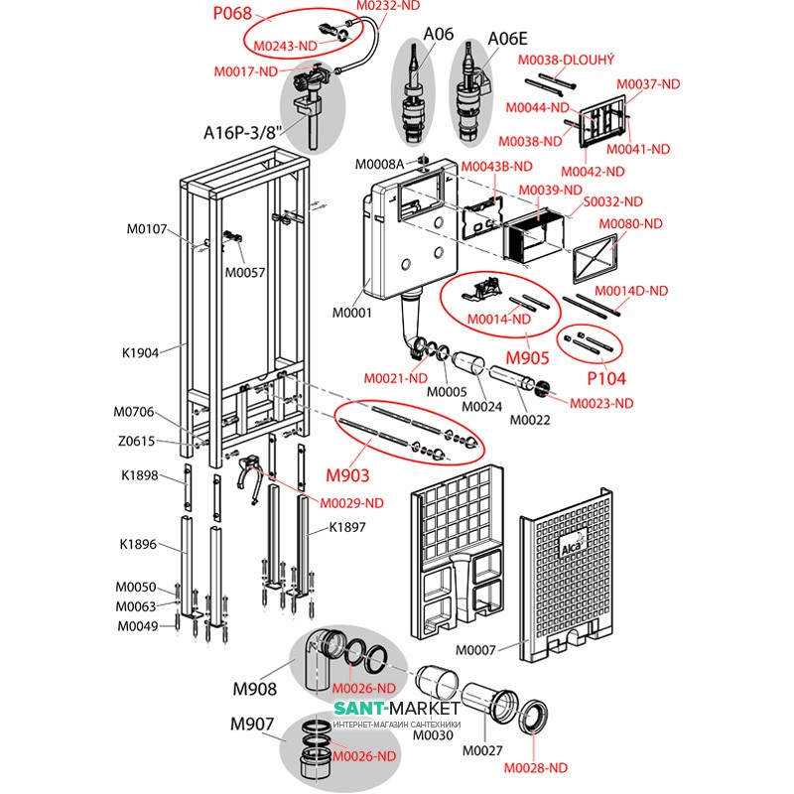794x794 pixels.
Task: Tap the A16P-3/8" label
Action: coord(243,132)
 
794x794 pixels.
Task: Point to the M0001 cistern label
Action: coord(350,315)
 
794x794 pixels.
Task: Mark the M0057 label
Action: coord(245,272)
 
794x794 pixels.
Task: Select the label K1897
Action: coord(347,528)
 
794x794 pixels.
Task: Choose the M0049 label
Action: coord(137,625)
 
